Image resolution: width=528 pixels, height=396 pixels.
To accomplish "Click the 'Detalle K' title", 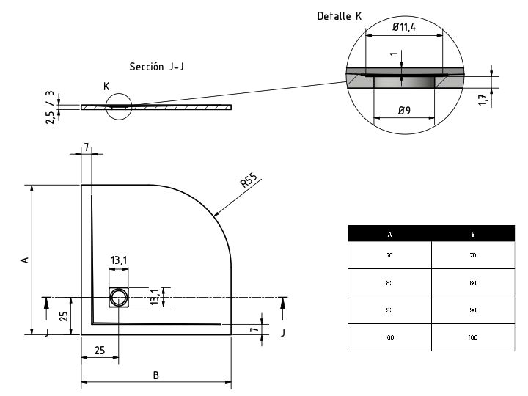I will [x=339, y=15].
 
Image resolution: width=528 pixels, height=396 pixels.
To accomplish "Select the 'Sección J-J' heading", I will [x=156, y=67].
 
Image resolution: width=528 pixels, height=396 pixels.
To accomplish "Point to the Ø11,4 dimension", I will [x=406, y=27].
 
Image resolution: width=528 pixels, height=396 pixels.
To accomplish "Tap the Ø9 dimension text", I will [x=405, y=111].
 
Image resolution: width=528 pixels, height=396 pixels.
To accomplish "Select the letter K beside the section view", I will [x=107, y=87].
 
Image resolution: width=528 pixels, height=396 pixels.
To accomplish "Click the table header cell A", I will [x=389, y=235].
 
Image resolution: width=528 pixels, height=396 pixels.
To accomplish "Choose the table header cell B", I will [x=473, y=235].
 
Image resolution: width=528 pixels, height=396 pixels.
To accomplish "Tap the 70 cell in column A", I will [x=389, y=255].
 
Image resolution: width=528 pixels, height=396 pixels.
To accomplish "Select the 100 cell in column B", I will [x=473, y=337].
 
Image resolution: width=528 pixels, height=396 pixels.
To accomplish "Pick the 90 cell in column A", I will [x=389, y=310].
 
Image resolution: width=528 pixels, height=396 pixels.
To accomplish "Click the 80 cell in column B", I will [x=473, y=282].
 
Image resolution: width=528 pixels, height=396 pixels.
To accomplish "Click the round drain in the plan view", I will [x=118, y=297].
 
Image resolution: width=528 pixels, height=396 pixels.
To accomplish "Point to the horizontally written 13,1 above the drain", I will [x=119, y=260].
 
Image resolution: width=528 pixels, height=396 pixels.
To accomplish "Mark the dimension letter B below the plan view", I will [x=155, y=375].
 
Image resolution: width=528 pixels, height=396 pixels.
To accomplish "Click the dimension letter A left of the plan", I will [x=23, y=260].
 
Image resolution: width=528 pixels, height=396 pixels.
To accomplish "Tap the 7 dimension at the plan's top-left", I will [x=87, y=148].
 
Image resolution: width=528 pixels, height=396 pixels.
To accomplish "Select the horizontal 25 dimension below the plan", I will [x=99, y=351].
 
